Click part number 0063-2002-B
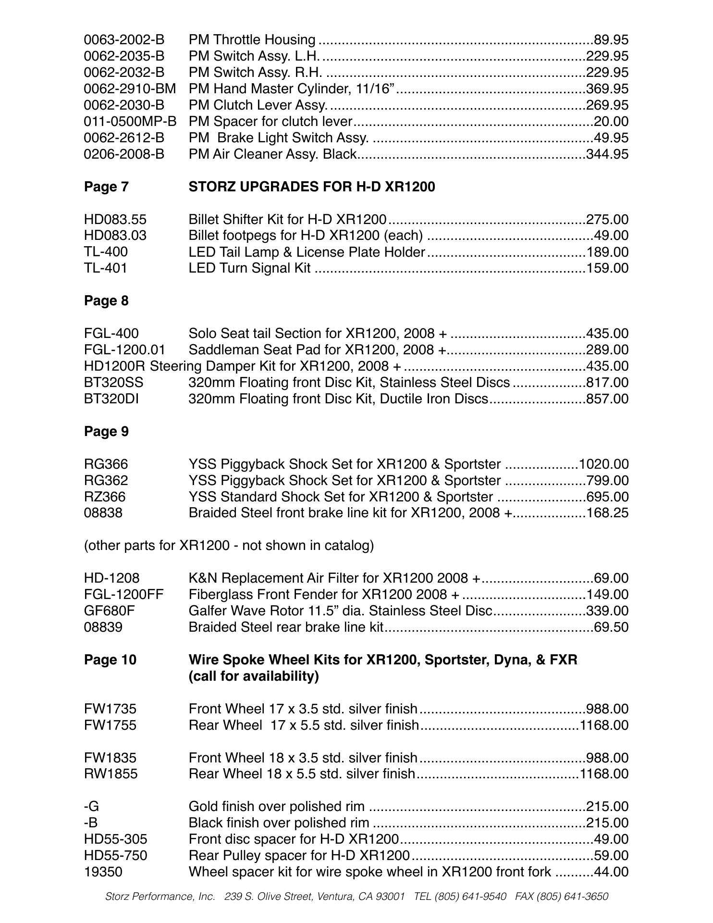(x=124, y=40)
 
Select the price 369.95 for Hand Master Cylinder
(x=607, y=89)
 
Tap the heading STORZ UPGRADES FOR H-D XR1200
(x=312, y=187)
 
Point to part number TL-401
(x=106, y=268)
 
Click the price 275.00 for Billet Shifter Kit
(x=607, y=220)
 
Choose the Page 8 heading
(x=106, y=301)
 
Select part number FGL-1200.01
(x=124, y=350)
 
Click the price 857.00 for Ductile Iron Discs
(x=607, y=399)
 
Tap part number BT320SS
(x=113, y=383)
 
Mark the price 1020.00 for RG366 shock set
(x=604, y=464)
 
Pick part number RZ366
(x=105, y=497)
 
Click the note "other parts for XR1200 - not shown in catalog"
(x=229, y=546)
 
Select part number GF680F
(x=110, y=611)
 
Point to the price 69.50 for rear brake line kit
(x=611, y=627)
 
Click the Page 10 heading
(x=110, y=660)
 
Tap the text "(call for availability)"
(x=254, y=676)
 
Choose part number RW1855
(x=111, y=774)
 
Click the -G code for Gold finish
(x=91, y=807)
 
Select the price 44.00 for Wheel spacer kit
(x=611, y=872)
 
